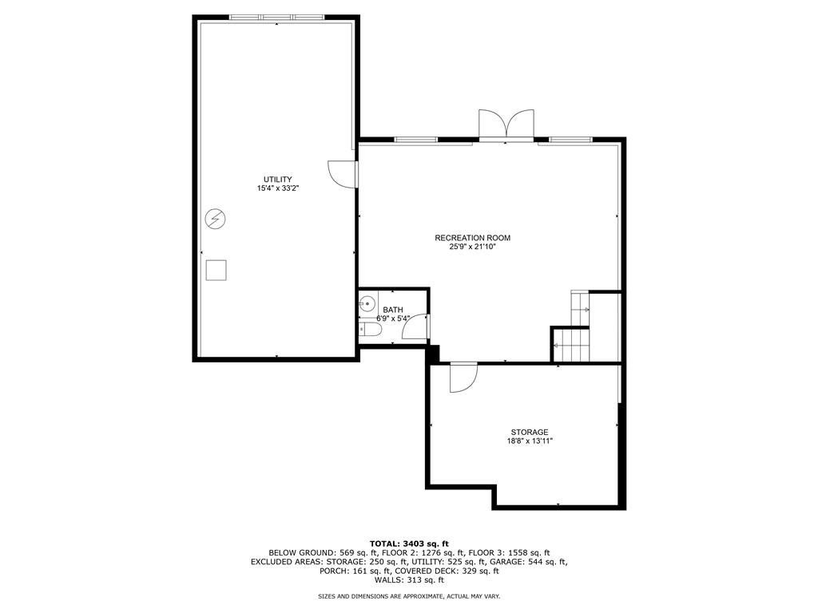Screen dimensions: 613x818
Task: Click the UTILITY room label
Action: click(277, 179)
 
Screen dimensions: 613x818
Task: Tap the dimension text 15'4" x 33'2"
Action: click(277, 188)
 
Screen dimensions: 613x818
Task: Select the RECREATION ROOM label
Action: click(472, 238)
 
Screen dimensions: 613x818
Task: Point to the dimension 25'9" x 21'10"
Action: click(472, 247)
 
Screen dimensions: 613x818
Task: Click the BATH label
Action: click(393, 310)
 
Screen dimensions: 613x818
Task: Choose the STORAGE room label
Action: click(530, 432)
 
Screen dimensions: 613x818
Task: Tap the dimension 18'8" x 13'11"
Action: click(530, 441)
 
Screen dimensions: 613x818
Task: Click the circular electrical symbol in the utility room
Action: click(216, 219)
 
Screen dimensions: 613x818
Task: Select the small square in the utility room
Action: click(216, 271)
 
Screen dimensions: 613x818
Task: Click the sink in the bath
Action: click(367, 303)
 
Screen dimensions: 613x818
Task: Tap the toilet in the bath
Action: click(370, 329)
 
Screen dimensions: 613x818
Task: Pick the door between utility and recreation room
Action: click(343, 173)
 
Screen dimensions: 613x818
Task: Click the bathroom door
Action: click(420, 327)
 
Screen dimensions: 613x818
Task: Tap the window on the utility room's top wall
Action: click(277, 17)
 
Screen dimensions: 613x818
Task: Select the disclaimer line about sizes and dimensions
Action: click(409, 596)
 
